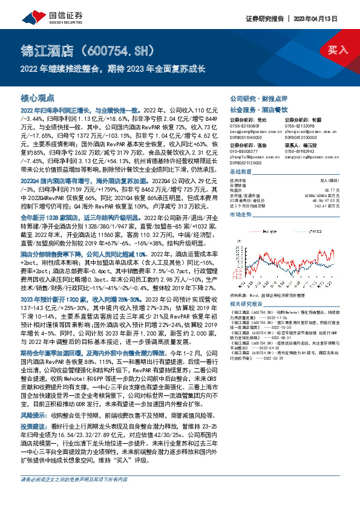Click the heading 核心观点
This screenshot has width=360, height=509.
38,97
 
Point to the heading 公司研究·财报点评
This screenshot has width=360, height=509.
257,97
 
